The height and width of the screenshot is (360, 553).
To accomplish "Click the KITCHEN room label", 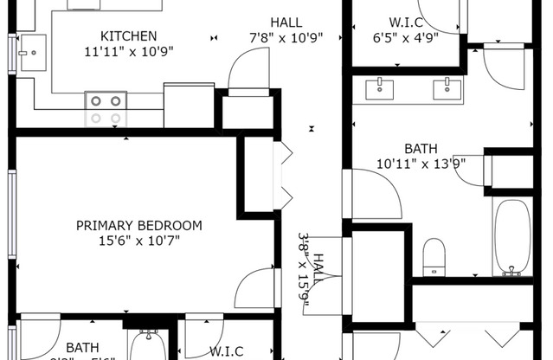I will (129, 35).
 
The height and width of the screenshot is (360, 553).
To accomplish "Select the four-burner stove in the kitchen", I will (106, 109).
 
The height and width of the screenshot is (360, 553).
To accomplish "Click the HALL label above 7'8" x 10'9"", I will (286, 22).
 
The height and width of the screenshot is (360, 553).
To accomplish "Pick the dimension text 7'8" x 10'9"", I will (286, 37).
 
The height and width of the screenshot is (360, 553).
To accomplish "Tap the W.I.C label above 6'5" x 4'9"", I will (405, 22).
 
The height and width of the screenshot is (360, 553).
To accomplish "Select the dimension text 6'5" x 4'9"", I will (405, 37).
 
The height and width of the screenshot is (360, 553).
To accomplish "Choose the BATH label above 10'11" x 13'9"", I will (417, 147).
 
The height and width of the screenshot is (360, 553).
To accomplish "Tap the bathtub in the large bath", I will (512, 237).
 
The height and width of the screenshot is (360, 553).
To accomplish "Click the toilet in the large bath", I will (434, 257).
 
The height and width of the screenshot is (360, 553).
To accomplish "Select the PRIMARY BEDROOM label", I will (139, 226).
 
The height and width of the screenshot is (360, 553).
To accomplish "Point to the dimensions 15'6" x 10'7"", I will (139, 241).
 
